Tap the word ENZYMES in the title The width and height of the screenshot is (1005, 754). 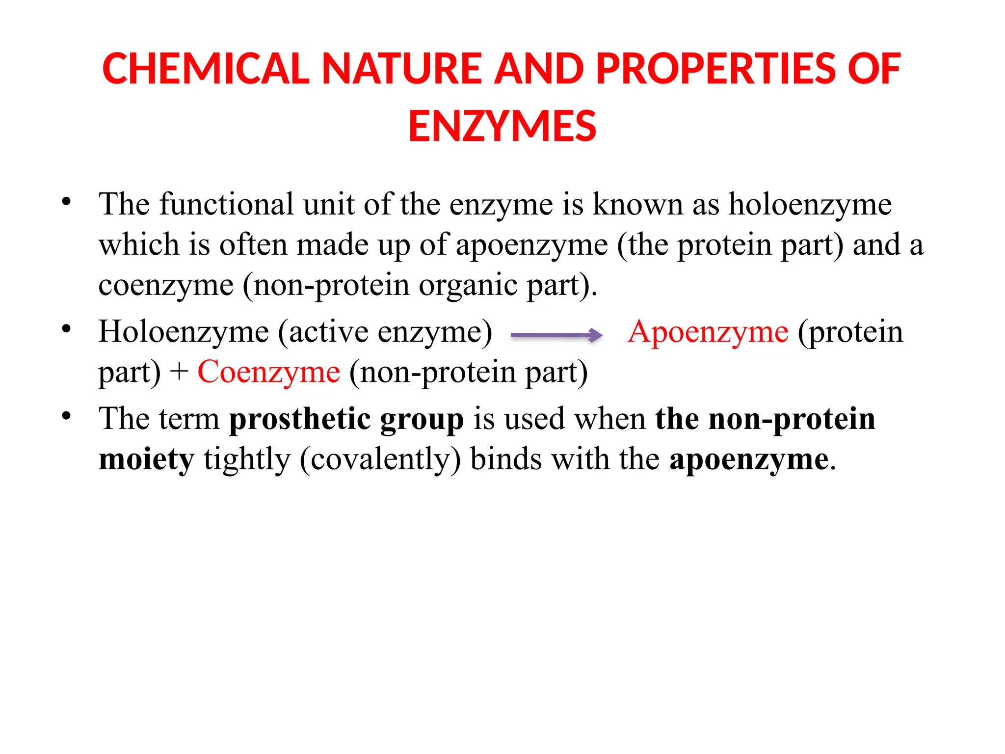(x=502, y=127)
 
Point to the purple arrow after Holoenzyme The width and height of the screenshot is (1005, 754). (x=556, y=335)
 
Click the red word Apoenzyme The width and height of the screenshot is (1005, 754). (x=708, y=332)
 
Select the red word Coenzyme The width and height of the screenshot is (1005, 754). (x=268, y=372)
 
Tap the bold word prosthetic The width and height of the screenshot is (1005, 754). (x=300, y=419)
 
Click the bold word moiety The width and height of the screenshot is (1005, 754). (x=146, y=459)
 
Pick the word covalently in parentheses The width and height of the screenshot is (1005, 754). (x=380, y=460)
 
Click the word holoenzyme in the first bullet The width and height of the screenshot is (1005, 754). (x=810, y=204)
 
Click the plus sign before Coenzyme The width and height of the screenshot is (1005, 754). (x=179, y=372)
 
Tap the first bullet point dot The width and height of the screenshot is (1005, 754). (x=66, y=201)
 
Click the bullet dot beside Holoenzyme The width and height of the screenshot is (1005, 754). (x=66, y=329)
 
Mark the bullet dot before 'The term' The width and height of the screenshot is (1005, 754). (x=66, y=416)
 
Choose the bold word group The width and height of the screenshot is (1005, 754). (x=422, y=420)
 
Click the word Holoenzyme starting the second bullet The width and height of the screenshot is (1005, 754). (x=184, y=332)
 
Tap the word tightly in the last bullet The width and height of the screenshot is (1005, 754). (x=247, y=460)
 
